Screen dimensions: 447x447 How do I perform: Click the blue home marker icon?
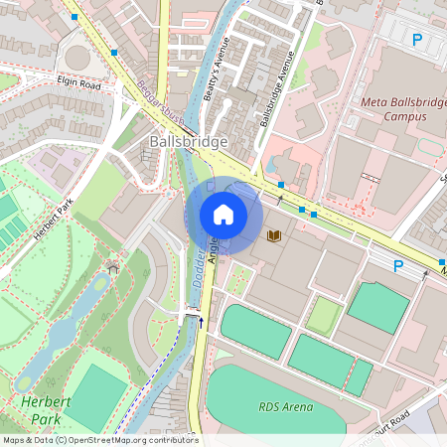coord(223,214)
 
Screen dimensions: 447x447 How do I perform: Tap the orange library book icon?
coord(275,236)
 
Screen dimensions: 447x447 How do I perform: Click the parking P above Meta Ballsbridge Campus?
coord(417,40)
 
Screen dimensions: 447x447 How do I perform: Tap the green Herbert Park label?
coord(40,410)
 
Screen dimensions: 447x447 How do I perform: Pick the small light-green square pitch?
coord(324,316)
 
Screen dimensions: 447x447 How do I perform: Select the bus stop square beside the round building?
coord(115,51)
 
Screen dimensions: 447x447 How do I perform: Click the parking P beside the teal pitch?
coord(398,265)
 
